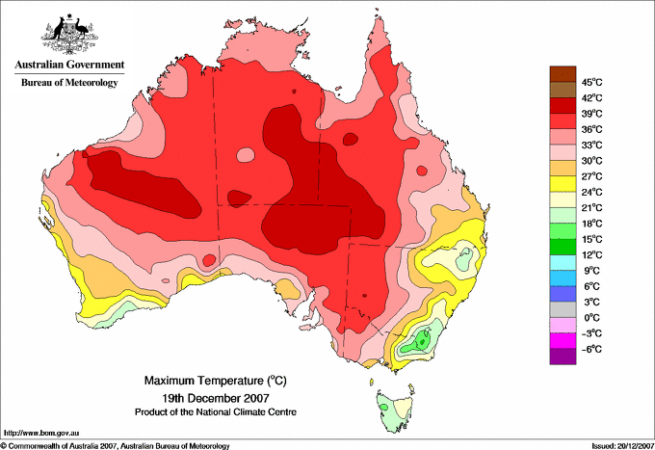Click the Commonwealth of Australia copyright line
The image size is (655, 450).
[x=116, y=445]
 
